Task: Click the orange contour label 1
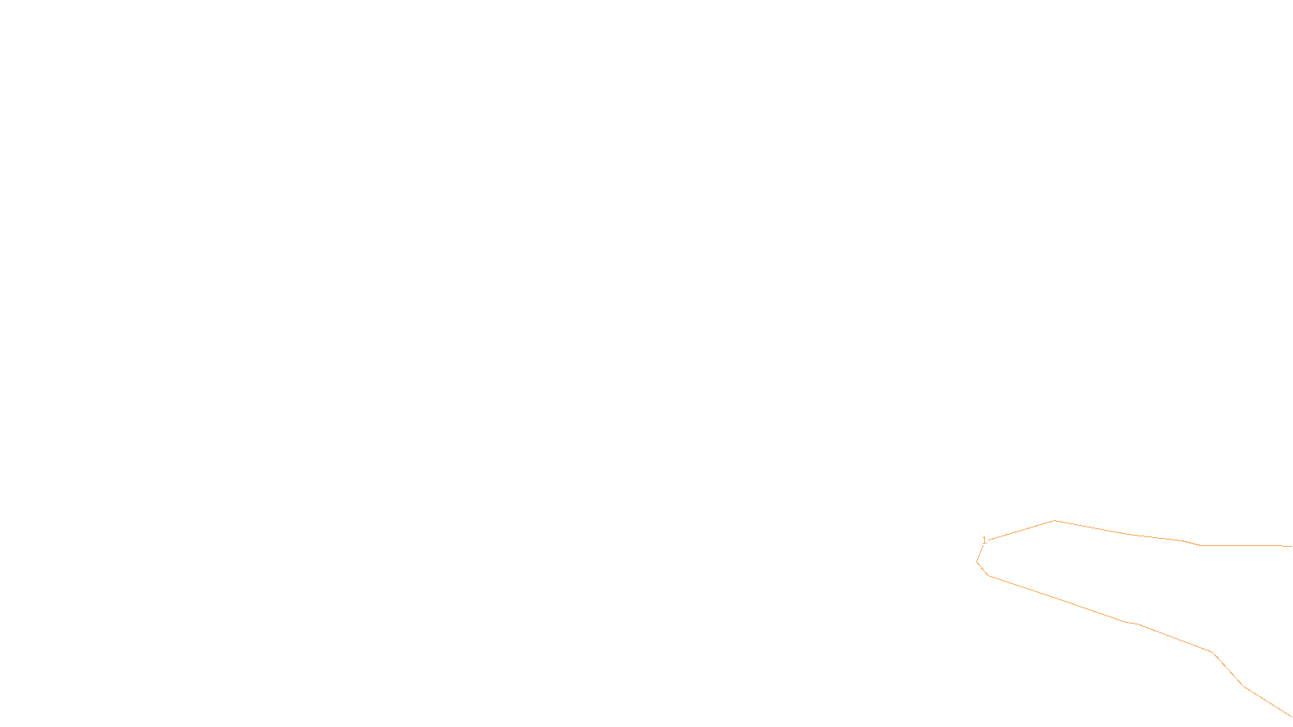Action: pos(984,540)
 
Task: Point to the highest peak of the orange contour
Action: pos(1055,521)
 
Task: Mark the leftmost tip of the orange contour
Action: pos(977,561)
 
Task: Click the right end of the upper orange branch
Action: pos(1291,546)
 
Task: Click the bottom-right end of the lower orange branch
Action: pos(1291,716)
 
